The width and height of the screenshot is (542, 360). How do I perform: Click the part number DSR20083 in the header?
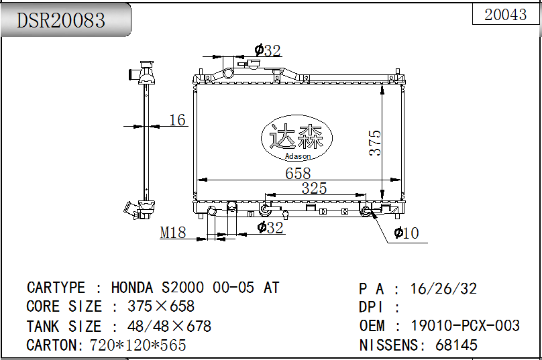pos(61,20)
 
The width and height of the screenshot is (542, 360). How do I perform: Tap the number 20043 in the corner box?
pos(505,15)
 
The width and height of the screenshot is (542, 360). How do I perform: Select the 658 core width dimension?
pos(298,174)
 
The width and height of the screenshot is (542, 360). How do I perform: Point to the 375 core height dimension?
pos(375,143)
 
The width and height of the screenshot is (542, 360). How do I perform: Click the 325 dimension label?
pos(314,188)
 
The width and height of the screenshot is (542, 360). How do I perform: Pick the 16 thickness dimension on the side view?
pos(177,120)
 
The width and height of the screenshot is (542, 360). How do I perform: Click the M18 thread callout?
pos(173,233)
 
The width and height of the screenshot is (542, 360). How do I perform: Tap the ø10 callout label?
pos(406,233)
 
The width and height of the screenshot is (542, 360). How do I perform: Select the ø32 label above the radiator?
pos(268,50)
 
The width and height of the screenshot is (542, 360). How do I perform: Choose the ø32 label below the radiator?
pos(270,228)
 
